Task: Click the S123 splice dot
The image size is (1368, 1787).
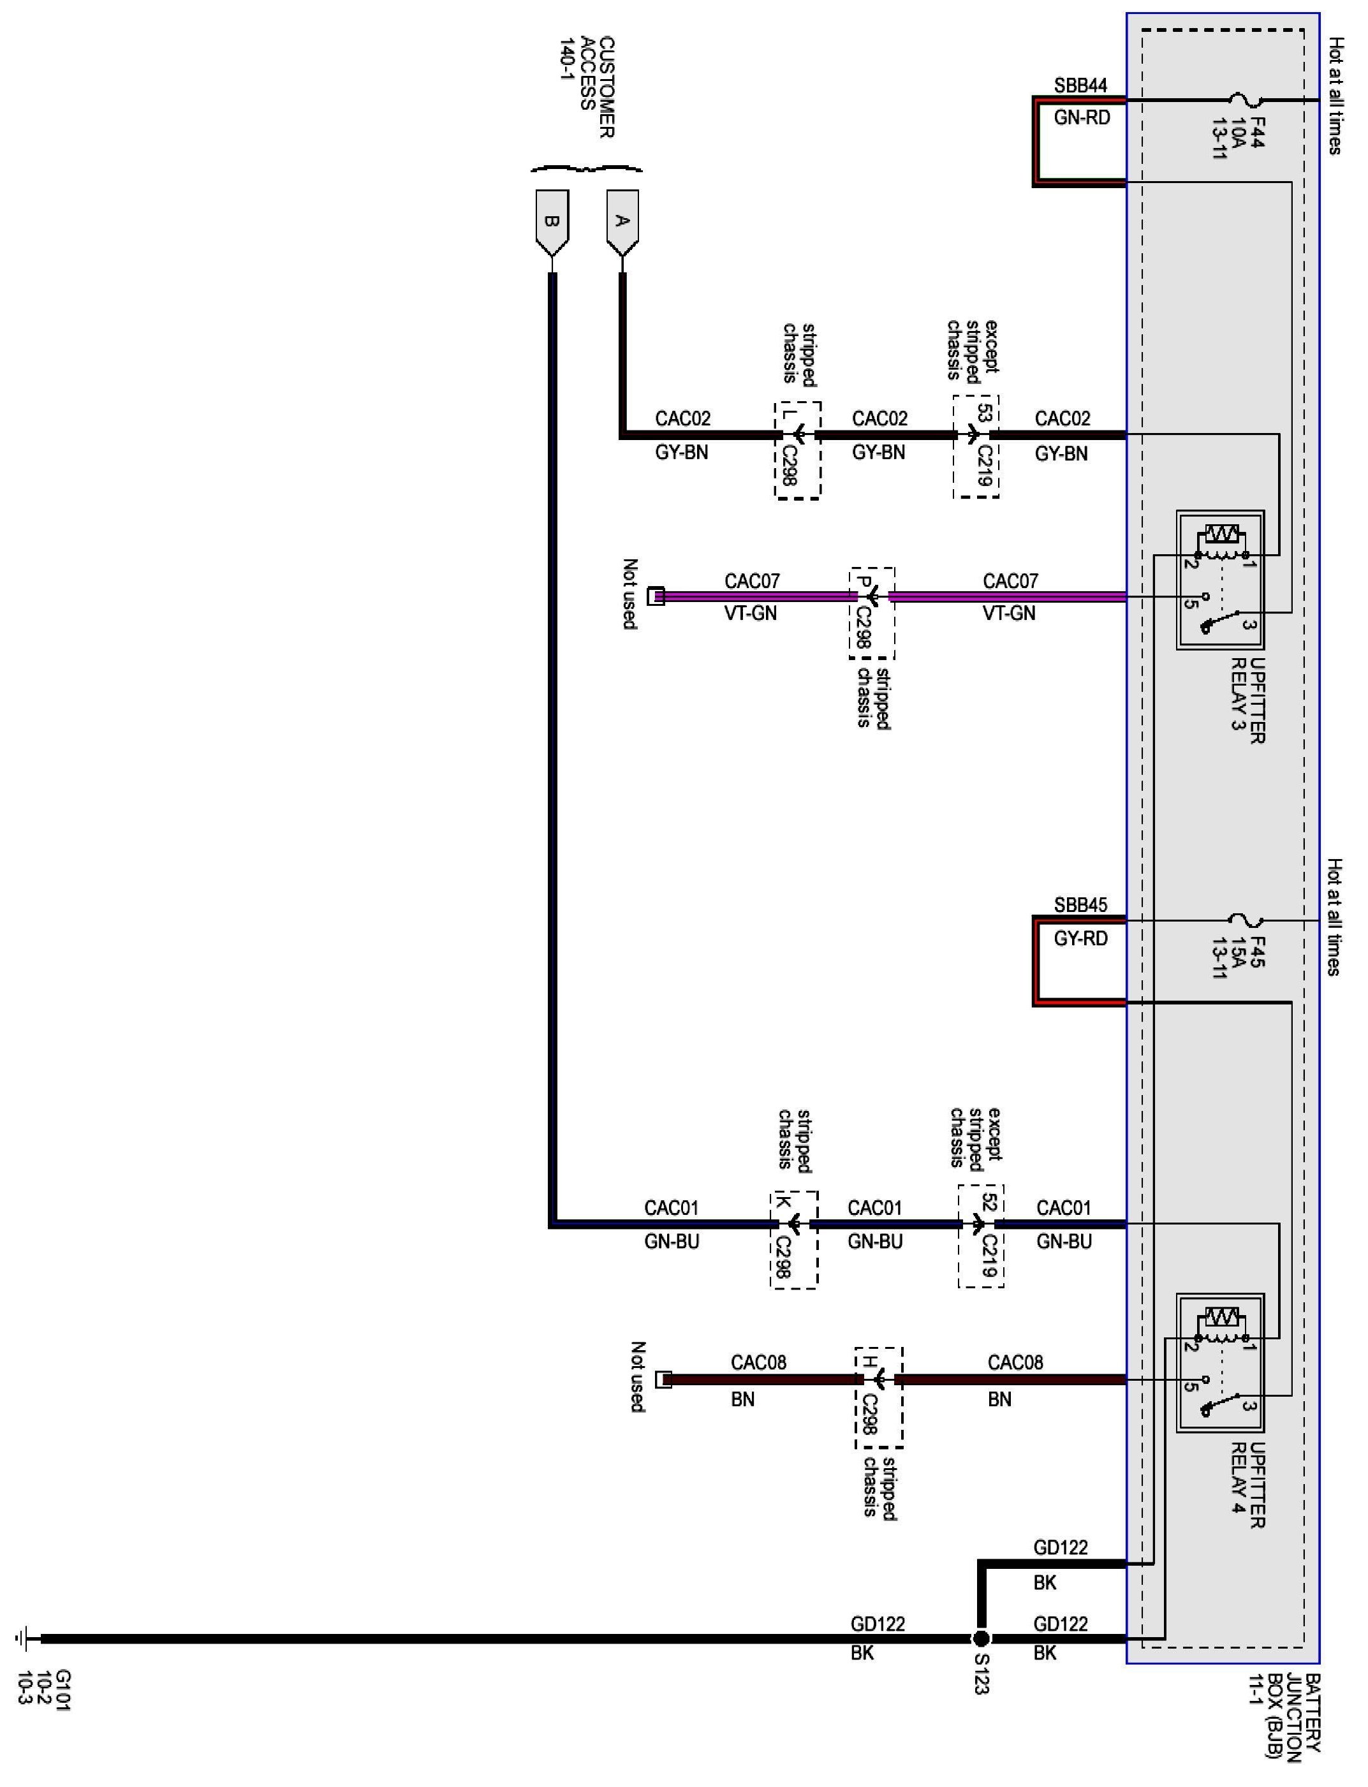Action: point(982,1638)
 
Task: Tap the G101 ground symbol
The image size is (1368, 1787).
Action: point(24,1638)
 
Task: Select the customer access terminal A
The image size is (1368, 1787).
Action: point(623,221)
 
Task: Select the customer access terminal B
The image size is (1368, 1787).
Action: point(552,221)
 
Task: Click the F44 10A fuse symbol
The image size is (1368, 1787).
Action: point(1245,100)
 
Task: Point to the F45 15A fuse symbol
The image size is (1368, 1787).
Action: point(1245,921)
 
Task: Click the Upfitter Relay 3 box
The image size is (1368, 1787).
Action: point(1220,580)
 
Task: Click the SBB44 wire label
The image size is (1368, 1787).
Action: point(1080,85)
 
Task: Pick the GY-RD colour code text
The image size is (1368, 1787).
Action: point(1080,939)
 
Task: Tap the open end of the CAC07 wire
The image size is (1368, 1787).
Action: point(656,597)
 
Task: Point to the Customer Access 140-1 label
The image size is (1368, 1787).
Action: point(586,87)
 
